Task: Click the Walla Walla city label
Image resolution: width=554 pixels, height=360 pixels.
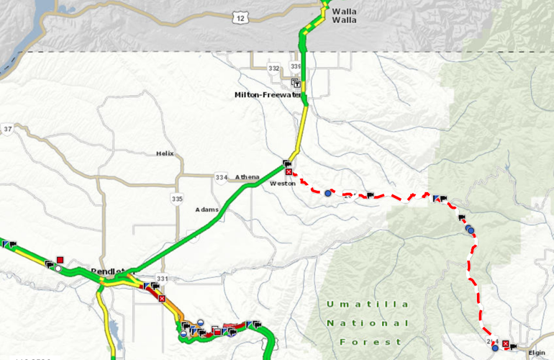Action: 344,15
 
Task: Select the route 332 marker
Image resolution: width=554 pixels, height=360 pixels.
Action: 273,68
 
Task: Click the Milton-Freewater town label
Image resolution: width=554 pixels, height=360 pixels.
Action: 267,94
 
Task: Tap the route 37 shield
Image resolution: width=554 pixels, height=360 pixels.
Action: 8,129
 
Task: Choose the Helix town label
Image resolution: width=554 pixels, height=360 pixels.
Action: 165,153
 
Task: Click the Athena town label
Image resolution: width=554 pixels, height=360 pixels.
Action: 247,177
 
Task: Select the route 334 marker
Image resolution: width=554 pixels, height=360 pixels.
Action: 220,177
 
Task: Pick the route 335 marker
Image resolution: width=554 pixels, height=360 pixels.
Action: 177,198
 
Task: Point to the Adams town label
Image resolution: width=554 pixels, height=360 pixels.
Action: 206,210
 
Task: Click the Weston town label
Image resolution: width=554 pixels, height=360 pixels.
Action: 281,184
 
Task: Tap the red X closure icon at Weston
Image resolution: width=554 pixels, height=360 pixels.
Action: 289,172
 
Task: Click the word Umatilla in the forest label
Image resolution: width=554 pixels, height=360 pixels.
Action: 368,304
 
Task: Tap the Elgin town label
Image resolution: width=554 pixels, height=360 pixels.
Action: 537,354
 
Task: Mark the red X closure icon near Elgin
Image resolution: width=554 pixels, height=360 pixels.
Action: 505,345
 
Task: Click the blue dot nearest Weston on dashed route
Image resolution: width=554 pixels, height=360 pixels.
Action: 328,193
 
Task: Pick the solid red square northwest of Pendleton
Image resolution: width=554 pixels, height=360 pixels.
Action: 60,260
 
